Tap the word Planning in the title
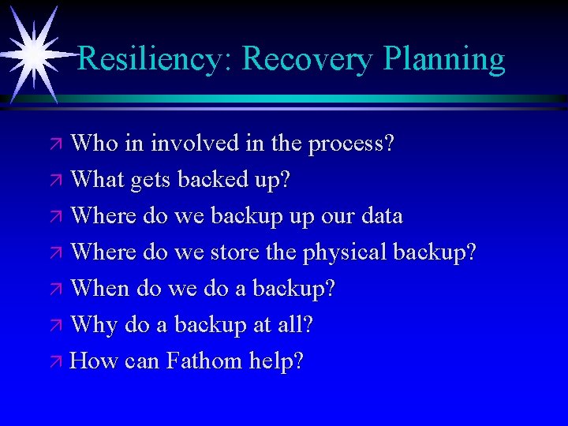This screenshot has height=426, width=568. pos(444,59)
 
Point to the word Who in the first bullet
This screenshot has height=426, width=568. pos(95,144)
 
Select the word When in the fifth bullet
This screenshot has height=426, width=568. pos(100,289)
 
